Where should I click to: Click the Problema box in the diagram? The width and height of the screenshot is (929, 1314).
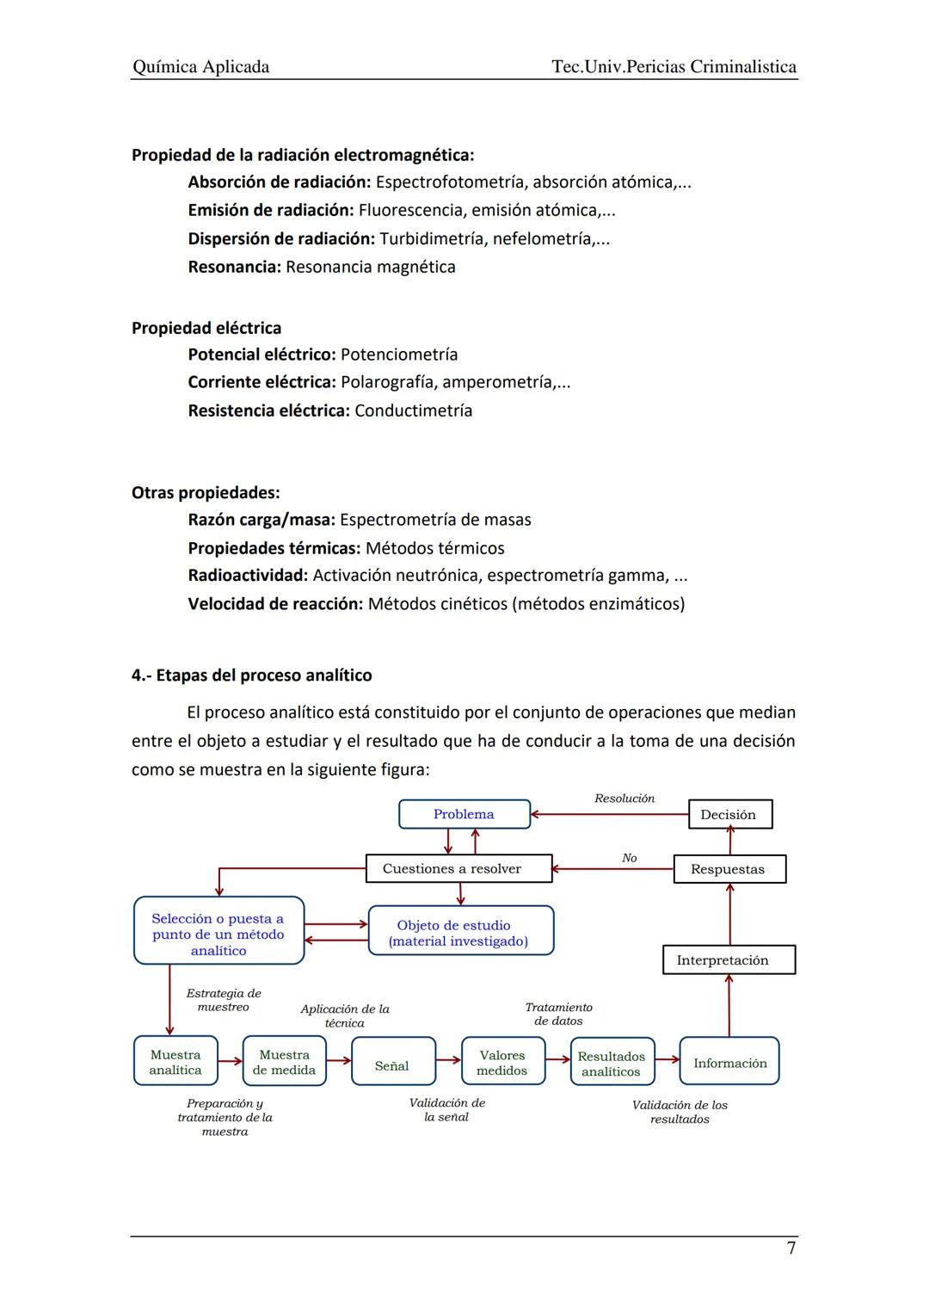[x=464, y=814]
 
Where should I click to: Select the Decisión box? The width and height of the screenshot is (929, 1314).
[x=729, y=814]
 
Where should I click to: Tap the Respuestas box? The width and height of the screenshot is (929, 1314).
[x=729, y=869]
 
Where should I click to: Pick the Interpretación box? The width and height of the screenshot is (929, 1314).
[x=728, y=959]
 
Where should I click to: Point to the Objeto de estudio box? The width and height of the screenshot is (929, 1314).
[x=460, y=932]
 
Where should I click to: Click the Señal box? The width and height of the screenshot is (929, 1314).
[x=393, y=1065]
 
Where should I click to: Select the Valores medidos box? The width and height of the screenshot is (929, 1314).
[x=502, y=1063]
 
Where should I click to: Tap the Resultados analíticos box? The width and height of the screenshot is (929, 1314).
[x=612, y=1064]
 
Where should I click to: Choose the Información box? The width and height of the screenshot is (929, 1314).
[x=729, y=1063]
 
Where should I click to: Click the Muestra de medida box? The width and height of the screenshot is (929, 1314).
[x=285, y=1062]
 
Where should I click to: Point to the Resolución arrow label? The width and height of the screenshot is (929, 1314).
[x=624, y=799]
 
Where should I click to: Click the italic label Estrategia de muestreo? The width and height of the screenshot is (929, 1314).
[x=224, y=1000]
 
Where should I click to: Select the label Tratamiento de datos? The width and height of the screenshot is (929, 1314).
[x=558, y=1014]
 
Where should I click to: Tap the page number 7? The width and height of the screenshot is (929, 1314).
[x=791, y=1248]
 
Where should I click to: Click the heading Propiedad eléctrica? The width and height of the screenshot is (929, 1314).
[x=206, y=328]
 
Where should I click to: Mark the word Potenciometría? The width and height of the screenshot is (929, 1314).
[x=399, y=355]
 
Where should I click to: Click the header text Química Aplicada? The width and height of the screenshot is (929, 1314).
[x=201, y=67]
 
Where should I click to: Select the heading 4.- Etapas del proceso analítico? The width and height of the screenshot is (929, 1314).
[x=251, y=676]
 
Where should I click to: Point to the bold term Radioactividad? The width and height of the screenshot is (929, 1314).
[x=248, y=575]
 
